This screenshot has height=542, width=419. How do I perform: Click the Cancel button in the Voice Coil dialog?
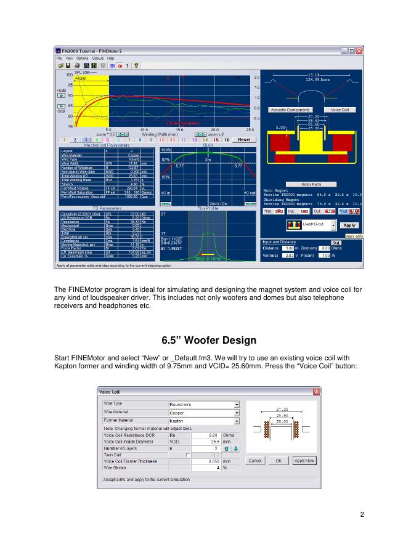pyautogui.click(x=254, y=460)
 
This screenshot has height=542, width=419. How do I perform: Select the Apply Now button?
pyautogui.click(x=304, y=460)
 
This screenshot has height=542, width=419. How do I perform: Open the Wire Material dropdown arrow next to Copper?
pyautogui.click(x=237, y=413)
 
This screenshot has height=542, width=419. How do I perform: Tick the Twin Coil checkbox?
pyautogui.click(x=181, y=455)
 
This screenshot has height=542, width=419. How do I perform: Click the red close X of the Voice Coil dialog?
pyautogui.click(x=317, y=392)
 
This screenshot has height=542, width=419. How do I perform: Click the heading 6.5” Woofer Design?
pyautogui.click(x=209, y=340)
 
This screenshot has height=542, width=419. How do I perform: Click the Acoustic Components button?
pyautogui.click(x=291, y=110)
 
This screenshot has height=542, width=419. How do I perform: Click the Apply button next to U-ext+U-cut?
pyautogui.click(x=349, y=225)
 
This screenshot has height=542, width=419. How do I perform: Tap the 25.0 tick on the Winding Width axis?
pyautogui.click(x=250, y=130)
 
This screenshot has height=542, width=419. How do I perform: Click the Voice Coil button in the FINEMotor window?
pyautogui.click(x=340, y=110)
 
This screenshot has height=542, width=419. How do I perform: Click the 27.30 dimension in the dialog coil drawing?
pyautogui.click(x=282, y=408)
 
